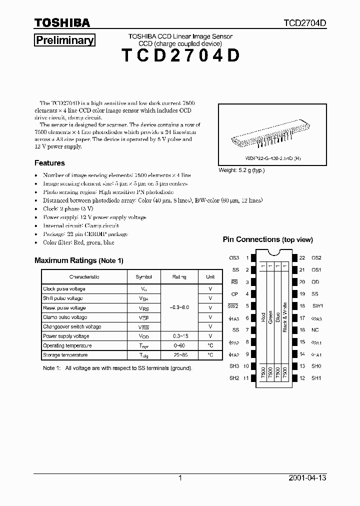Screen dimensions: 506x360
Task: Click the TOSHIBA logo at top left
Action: pos(62,23)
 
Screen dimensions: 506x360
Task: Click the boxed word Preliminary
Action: pos(64,40)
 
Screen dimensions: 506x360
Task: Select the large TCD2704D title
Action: pos(180,56)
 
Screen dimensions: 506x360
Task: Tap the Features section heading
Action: pos(49,163)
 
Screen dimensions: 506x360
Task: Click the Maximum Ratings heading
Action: pos(78,260)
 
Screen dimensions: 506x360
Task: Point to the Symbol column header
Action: pos(143,276)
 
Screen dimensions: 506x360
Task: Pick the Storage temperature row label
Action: pos(65,355)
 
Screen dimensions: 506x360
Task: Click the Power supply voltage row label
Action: pos(66,336)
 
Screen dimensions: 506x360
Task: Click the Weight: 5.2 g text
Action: pos(241,170)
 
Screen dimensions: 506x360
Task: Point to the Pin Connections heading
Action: pos(267,239)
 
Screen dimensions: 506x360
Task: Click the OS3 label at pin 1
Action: pos(234,258)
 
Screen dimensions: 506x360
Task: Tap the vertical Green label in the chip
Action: pos(270,318)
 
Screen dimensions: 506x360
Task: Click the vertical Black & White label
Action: pos(284,317)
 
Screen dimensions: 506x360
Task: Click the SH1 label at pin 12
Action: pos(316,378)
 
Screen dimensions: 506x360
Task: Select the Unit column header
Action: pos(210,276)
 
